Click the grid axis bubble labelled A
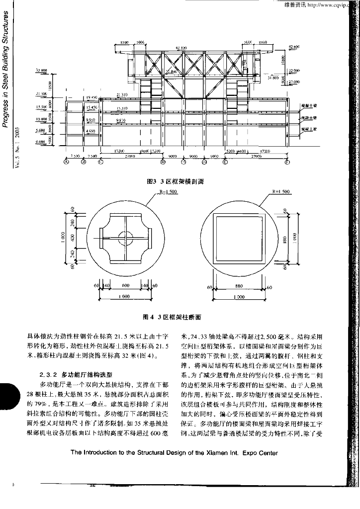[66, 162]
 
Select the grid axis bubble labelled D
[163, 162]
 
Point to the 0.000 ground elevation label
[41, 142]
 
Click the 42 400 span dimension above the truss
[180, 48]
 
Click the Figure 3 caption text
[176, 182]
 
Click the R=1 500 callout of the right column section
[281, 192]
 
